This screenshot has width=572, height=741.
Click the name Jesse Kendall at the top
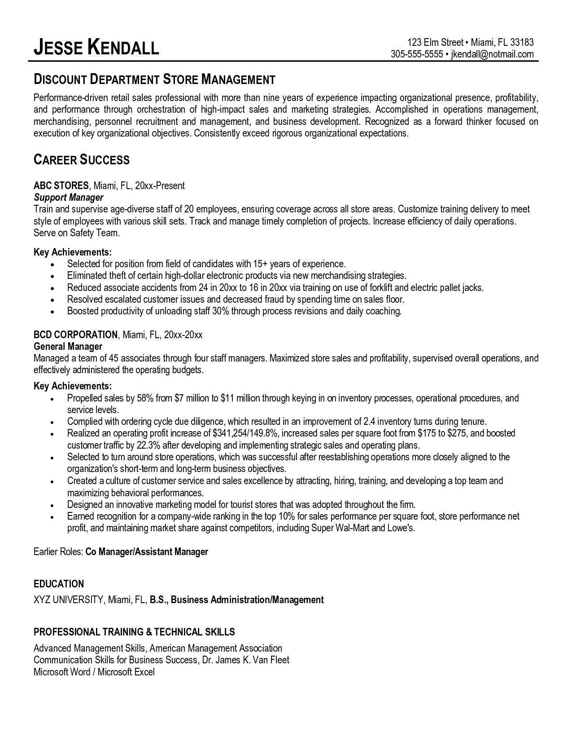96,47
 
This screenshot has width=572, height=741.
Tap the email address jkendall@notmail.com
492,54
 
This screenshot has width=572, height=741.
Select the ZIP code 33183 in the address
522,43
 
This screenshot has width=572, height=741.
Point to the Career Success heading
82,159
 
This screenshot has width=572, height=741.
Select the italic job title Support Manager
69,197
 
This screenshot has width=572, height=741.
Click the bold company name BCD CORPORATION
75,335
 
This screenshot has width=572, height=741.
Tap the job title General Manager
68,346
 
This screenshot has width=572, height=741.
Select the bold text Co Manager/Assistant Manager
147,551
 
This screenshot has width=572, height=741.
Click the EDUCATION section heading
59,584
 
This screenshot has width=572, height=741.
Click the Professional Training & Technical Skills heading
134,632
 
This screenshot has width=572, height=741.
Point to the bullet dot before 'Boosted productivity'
53,311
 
